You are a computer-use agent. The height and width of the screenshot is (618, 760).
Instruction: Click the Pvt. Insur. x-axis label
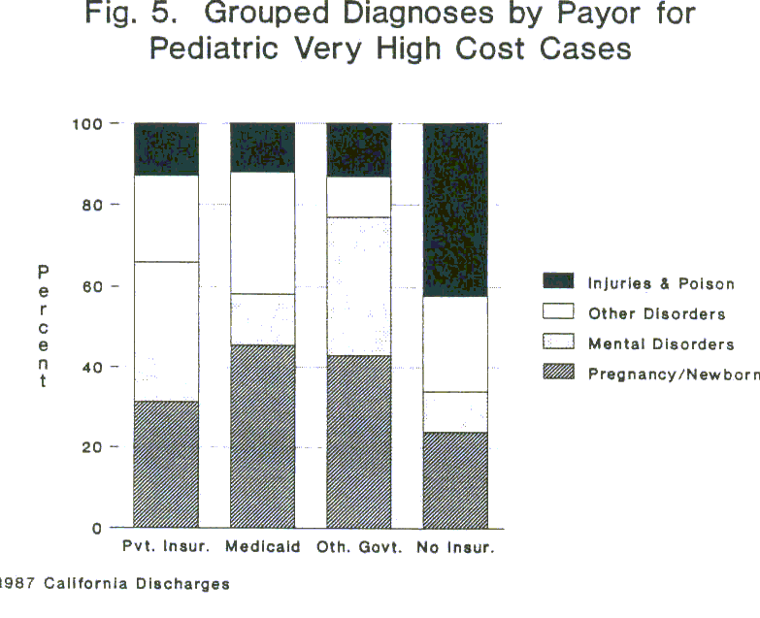click(166, 547)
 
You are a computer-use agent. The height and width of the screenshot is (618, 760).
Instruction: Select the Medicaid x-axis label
click(262, 547)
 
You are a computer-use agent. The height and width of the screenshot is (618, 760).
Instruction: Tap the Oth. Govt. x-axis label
click(358, 547)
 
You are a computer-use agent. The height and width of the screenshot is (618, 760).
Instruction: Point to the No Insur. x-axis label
click(455, 547)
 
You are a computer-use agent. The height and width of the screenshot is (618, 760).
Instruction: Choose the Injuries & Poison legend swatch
click(559, 282)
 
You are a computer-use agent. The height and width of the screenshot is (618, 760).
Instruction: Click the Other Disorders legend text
click(656, 313)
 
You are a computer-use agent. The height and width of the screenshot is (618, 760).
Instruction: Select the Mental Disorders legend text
click(660, 343)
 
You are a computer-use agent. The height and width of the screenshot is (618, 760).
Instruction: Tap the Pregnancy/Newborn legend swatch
click(559, 374)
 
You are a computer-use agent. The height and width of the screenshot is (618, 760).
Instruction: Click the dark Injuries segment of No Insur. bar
click(455, 210)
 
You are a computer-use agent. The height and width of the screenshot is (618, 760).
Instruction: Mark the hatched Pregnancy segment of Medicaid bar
click(262, 437)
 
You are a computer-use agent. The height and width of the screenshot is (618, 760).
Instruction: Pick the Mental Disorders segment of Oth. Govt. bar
click(358, 286)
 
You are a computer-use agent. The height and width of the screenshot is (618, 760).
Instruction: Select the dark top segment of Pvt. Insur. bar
click(166, 148)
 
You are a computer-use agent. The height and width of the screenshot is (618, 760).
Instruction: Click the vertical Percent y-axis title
click(43, 325)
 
